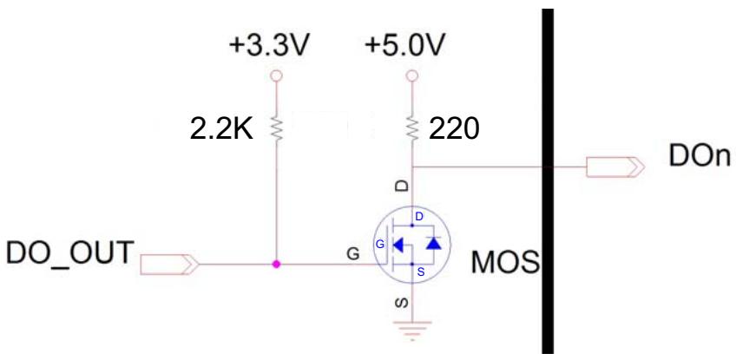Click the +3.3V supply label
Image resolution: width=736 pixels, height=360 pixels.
(268, 47)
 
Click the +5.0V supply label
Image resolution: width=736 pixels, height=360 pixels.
(404, 47)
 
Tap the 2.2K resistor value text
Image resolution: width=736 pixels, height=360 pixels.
(221, 128)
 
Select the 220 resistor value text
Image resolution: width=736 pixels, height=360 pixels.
(454, 128)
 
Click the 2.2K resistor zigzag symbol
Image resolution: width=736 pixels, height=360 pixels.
(276, 128)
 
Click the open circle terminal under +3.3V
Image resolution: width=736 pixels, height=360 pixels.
(276, 75)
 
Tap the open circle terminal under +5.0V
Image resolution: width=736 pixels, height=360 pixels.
(412, 75)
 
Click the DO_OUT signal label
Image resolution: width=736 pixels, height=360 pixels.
(68, 252)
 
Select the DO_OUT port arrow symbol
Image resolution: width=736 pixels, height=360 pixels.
(169, 265)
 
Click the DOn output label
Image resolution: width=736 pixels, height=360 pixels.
(700, 157)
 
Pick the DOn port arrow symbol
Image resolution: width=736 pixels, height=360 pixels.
(615, 167)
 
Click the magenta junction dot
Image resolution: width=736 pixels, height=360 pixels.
(276, 265)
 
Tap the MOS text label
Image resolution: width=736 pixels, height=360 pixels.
(505, 262)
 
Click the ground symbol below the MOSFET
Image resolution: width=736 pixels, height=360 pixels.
(411, 330)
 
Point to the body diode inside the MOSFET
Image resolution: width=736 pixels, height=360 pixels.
(433, 243)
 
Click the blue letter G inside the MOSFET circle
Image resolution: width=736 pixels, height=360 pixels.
(380, 244)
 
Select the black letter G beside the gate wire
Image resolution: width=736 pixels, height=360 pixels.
(353, 254)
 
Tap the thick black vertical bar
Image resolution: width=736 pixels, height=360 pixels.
(548, 181)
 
